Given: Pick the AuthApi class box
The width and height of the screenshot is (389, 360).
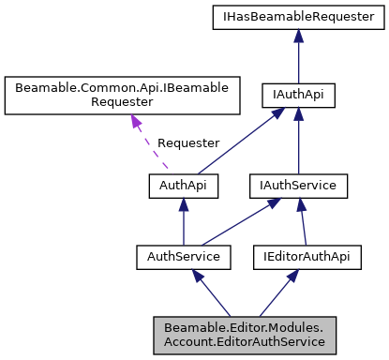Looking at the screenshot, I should [183, 186].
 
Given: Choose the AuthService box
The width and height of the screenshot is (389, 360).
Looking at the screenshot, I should [183, 255].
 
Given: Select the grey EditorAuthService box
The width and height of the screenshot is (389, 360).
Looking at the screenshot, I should [244, 335].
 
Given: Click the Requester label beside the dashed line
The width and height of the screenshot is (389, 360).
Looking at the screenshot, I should [187, 142].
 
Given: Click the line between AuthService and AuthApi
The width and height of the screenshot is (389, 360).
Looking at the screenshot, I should [183, 225].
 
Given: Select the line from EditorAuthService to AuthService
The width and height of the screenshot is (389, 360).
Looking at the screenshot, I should [214, 295].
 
